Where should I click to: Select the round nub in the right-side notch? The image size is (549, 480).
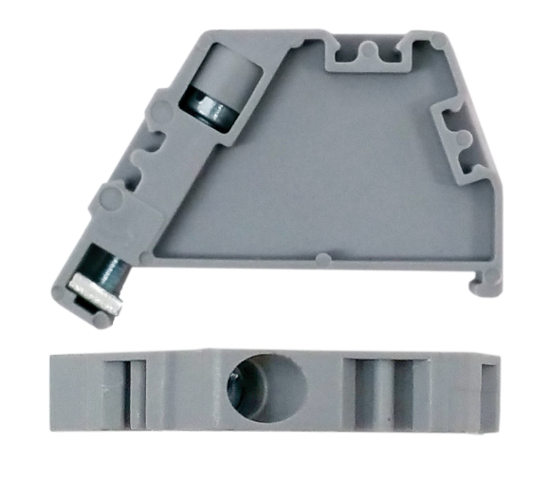point(462,139)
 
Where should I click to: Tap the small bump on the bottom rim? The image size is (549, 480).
point(322,258)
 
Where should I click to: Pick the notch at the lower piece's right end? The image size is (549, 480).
point(486,389)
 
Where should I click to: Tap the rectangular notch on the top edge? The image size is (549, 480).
point(372,57)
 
